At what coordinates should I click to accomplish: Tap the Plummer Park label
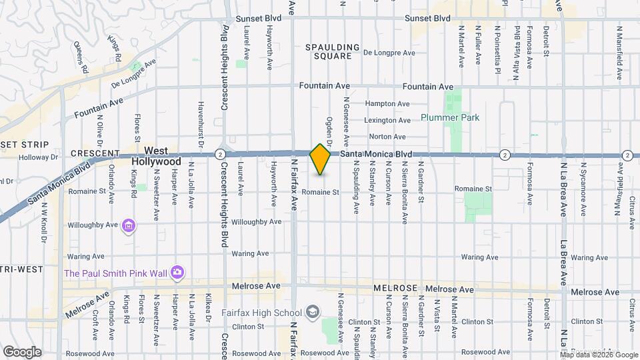(450, 117)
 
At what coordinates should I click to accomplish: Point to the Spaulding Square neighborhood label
(332, 51)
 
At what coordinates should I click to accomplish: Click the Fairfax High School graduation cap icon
(312, 312)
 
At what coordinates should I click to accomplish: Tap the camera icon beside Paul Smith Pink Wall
(177, 272)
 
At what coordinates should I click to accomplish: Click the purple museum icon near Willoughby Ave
(129, 227)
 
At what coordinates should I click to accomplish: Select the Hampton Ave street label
(387, 104)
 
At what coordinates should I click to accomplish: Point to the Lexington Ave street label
(387, 121)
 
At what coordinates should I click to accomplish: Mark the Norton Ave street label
(387, 137)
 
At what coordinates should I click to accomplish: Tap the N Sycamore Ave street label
(583, 189)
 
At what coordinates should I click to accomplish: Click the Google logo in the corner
(22, 352)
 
